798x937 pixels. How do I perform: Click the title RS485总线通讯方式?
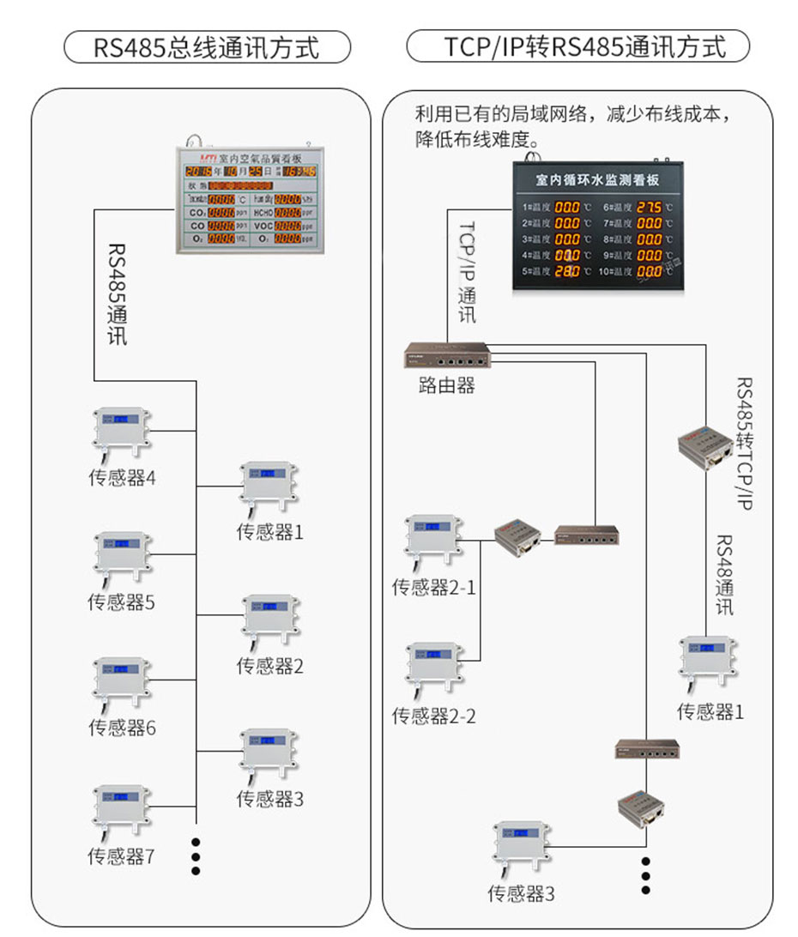(x=207, y=47)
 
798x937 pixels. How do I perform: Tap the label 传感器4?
(x=123, y=478)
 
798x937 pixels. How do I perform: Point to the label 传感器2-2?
(x=433, y=715)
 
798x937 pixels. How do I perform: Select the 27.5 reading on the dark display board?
(x=649, y=208)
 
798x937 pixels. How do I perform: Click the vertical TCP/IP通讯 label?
(x=467, y=271)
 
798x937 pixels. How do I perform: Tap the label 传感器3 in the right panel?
(x=521, y=894)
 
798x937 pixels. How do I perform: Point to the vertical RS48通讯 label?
(x=724, y=575)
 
